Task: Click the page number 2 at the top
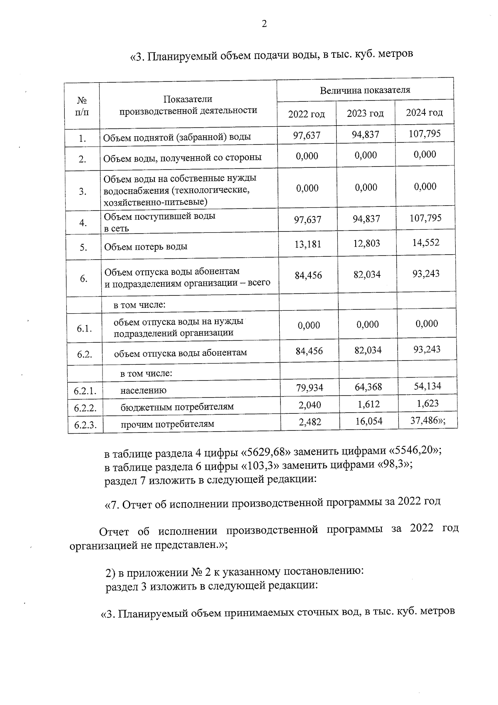(264, 24)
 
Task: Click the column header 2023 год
(365, 113)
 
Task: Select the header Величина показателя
(365, 90)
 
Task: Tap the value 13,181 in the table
(308, 244)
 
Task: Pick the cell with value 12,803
(366, 243)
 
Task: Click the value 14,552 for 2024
(425, 243)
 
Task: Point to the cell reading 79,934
(310, 388)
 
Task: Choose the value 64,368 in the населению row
(368, 387)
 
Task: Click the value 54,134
(427, 386)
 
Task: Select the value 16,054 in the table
(369, 421)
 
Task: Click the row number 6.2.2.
(85, 408)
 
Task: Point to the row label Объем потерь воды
(146, 247)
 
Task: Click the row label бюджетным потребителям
(177, 407)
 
